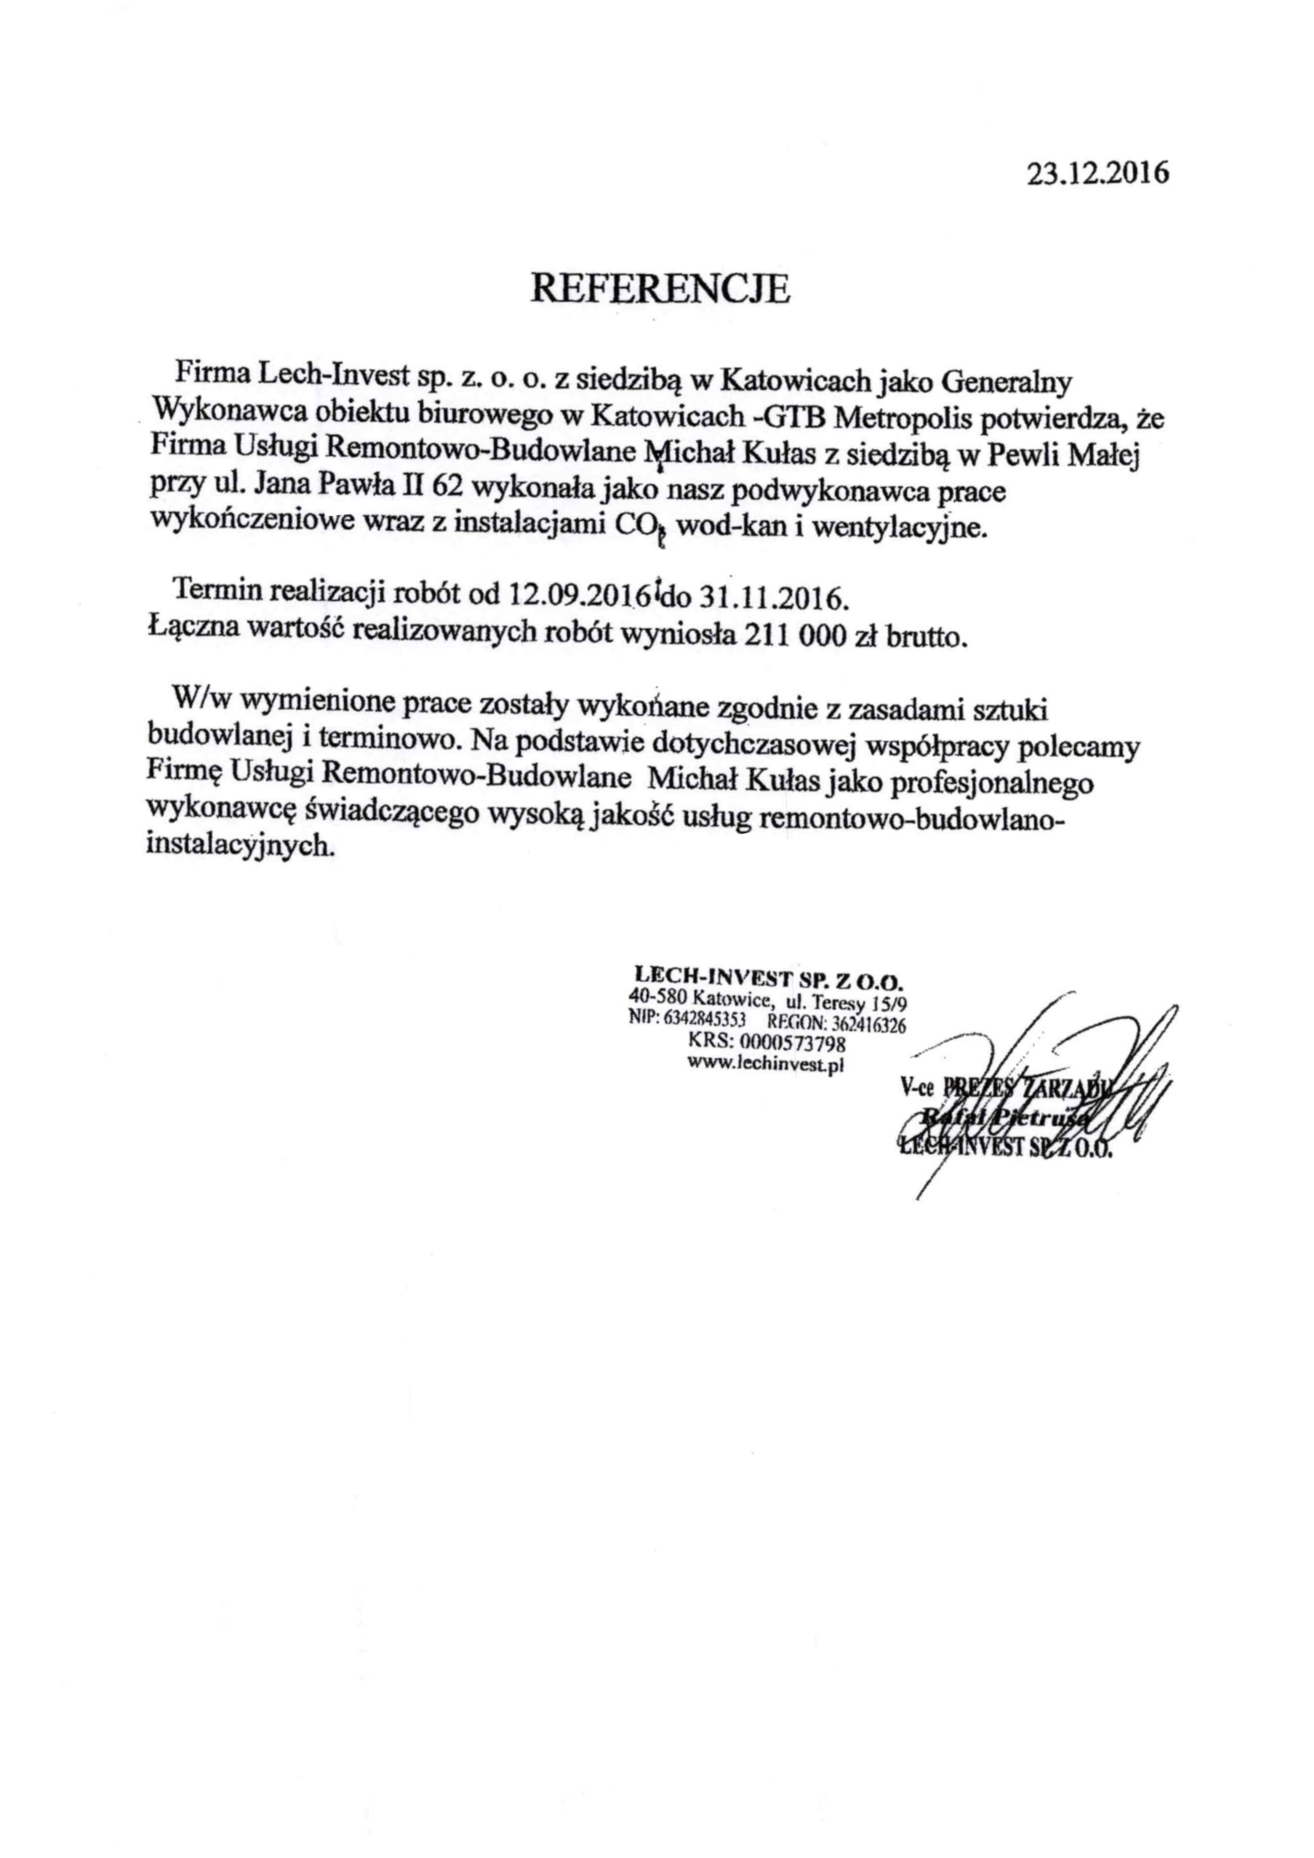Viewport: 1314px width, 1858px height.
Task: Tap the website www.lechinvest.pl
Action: [x=765, y=1065]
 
